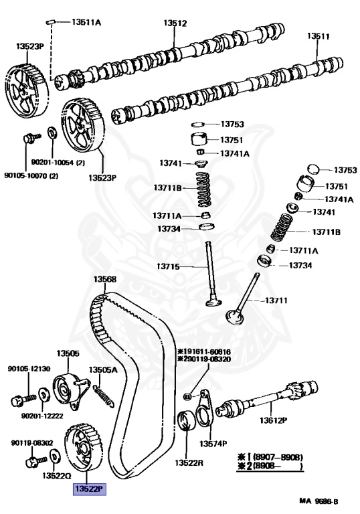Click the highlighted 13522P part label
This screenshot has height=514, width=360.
[x=90, y=489]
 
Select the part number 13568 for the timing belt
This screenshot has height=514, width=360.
[x=104, y=279]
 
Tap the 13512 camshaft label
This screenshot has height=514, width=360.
[x=175, y=23]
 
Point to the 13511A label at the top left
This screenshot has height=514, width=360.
[x=86, y=22]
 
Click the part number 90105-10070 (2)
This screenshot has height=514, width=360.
[x=31, y=176]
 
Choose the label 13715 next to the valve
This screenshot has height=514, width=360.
[x=168, y=266]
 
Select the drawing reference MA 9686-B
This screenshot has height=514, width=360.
[x=319, y=501]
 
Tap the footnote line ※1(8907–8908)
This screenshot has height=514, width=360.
[x=270, y=457]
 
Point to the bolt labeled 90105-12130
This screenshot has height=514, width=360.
[x=23, y=400]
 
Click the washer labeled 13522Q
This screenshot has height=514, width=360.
[x=54, y=456]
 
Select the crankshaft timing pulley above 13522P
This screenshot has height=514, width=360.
[x=84, y=448]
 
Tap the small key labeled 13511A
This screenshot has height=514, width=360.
[x=50, y=22]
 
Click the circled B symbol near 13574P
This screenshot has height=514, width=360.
[x=187, y=397]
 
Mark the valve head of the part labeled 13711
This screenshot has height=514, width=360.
[x=235, y=317]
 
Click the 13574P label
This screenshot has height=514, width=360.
[x=213, y=444]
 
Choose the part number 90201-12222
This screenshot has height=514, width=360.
[x=42, y=416]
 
